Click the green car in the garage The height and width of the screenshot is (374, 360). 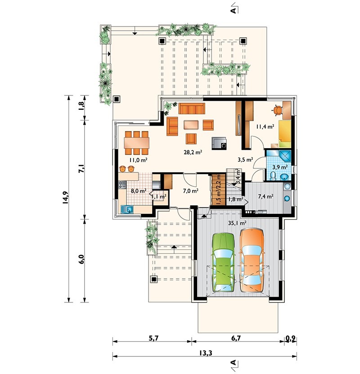[223, 262]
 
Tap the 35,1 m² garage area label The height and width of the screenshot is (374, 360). [237, 223]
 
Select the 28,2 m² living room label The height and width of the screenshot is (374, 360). [193, 152]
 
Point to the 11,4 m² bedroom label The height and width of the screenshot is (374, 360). [265, 126]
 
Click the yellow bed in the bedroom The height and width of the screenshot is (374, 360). [285, 134]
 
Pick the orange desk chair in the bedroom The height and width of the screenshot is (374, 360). [277, 110]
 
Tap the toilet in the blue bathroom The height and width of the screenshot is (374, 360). [273, 176]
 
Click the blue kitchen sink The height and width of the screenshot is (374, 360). [127, 209]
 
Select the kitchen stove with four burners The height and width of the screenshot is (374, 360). [122, 185]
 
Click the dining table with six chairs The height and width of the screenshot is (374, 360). [136, 143]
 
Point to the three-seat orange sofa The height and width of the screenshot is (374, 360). [192, 108]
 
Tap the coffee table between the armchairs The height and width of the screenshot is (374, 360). [191, 125]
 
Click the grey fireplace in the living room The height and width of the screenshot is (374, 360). [219, 143]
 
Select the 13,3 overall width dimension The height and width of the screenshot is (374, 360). [206, 353]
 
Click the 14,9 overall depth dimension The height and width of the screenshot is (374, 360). [65, 198]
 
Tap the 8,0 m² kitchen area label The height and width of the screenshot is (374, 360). [138, 191]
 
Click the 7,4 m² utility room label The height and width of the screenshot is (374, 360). [265, 196]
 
